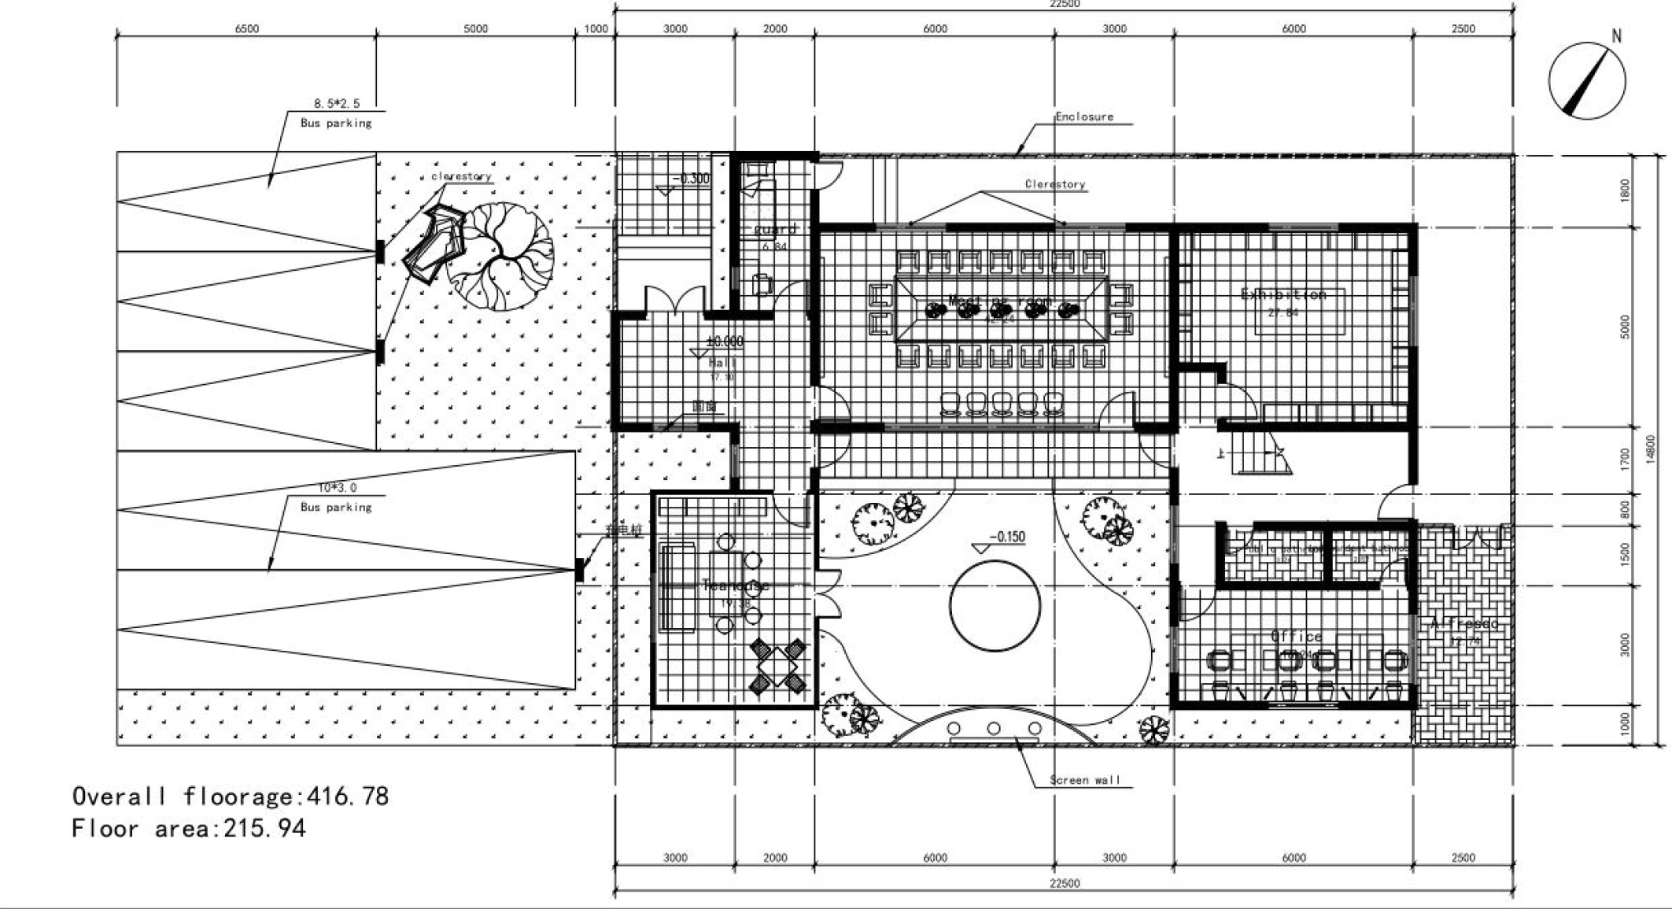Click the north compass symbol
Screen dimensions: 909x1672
coord(1586,81)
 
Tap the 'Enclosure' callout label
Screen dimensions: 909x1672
coord(1084,116)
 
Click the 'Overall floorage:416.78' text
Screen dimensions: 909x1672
coord(231,796)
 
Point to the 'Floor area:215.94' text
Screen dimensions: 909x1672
coord(188,829)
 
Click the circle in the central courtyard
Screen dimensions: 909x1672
coord(995,605)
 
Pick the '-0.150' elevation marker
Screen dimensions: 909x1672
coord(1008,537)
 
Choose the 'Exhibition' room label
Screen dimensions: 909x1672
coord(1283,294)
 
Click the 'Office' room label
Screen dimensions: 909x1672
coord(1297,636)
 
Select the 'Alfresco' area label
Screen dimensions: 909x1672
coord(1464,623)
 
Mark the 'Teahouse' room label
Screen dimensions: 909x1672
coord(736,586)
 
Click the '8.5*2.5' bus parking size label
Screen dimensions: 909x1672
coord(336,103)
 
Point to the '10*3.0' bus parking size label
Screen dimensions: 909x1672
coord(337,488)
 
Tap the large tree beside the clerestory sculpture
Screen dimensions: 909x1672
coord(500,256)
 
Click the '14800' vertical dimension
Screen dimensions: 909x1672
coord(1650,449)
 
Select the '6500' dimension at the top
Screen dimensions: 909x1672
coord(246,29)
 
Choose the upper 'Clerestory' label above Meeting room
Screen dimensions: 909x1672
coord(1054,184)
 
